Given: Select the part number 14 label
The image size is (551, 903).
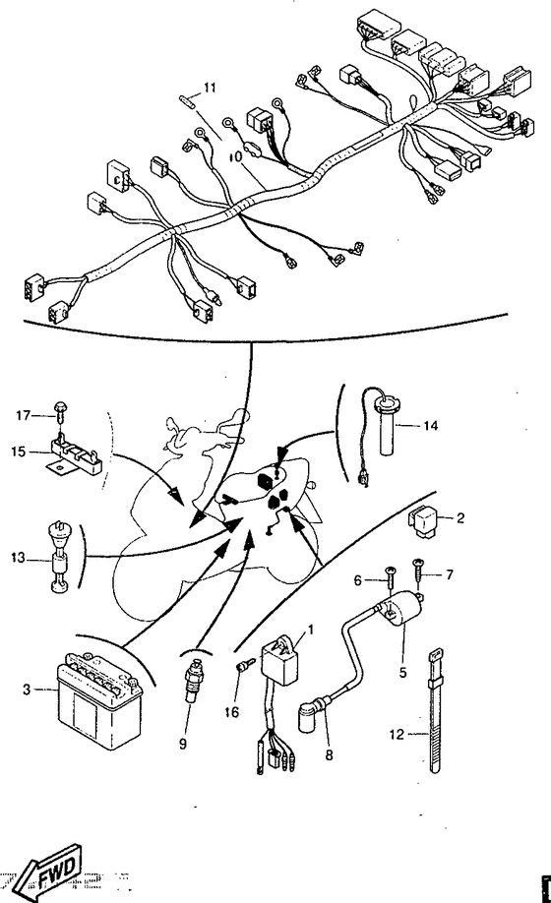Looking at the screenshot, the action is coord(431,426).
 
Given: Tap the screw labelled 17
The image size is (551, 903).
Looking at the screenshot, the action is coord(60,410).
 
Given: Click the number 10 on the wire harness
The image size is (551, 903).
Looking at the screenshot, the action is coord(235,155).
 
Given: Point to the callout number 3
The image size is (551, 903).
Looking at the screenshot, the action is coord(26,689).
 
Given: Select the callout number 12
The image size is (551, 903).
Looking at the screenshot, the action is coord(397,734).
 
